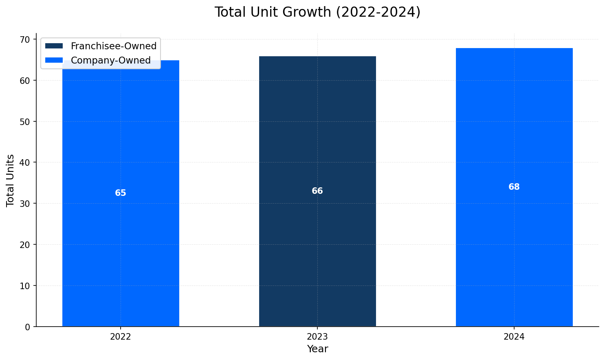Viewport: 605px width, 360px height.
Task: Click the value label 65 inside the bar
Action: (x=121, y=193)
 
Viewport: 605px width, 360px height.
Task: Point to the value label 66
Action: (x=317, y=191)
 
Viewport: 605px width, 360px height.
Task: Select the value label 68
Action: (x=514, y=187)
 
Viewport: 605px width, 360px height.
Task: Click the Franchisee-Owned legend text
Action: (x=114, y=46)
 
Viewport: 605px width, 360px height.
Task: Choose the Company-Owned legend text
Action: (x=111, y=60)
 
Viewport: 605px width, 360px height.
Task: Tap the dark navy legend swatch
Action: (x=54, y=46)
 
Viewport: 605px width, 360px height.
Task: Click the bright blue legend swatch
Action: (x=54, y=60)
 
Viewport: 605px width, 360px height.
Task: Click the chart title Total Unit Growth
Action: (x=317, y=12)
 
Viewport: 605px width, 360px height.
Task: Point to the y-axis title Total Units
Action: (x=11, y=180)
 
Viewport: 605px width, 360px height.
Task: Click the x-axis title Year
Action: (x=317, y=349)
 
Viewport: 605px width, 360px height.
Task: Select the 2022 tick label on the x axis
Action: (x=121, y=337)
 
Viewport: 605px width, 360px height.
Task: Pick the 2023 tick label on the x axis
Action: (x=317, y=337)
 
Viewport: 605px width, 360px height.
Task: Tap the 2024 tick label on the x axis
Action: (x=514, y=337)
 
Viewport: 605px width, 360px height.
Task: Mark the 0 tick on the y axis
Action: (x=28, y=327)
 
